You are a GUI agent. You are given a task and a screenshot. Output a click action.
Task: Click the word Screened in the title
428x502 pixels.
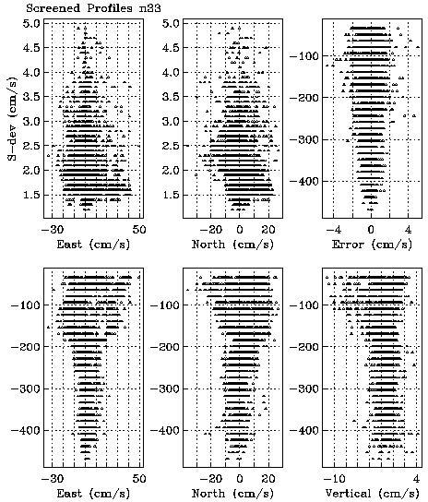(x=53, y=7)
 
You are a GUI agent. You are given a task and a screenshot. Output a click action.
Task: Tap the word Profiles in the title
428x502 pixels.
(x=110, y=7)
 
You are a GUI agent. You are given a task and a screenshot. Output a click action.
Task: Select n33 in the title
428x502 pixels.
(x=150, y=8)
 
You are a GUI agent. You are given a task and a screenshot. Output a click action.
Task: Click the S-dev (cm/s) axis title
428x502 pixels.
(x=13, y=118)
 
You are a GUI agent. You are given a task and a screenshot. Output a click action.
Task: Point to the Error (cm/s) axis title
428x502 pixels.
(x=372, y=245)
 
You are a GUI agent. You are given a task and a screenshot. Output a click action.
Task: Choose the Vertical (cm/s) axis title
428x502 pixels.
(x=372, y=494)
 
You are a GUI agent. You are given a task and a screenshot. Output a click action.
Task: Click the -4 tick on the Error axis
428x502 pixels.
(x=333, y=229)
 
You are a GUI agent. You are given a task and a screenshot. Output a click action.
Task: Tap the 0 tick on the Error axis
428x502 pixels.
(x=371, y=229)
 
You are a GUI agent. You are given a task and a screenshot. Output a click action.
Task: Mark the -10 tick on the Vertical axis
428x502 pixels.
(x=334, y=479)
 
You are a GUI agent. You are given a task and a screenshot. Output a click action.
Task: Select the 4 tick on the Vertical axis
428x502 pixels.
(x=416, y=479)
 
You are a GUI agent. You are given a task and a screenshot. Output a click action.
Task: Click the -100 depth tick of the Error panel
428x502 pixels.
(x=304, y=56)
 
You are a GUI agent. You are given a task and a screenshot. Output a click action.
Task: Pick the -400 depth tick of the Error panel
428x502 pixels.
(x=304, y=182)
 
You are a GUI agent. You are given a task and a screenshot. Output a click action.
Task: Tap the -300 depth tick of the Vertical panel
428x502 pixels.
(x=304, y=388)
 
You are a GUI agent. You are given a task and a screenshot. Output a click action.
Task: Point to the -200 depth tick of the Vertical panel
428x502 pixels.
(x=304, y=347)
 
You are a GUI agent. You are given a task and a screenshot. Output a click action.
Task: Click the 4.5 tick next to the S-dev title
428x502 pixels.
(x=31, y=48)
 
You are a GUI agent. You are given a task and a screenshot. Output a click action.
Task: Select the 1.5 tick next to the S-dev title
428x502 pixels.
(x=31, y=195)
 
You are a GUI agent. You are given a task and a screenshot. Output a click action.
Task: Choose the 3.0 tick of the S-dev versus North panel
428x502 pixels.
(x=171, y=121)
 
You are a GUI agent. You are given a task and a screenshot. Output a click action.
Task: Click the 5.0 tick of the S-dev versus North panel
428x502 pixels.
(x=171, y=23)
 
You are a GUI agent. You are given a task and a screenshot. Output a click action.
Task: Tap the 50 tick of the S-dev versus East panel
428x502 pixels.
(x=139, y=229)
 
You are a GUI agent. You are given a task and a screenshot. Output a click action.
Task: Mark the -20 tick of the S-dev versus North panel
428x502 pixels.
(x=211, y=229)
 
